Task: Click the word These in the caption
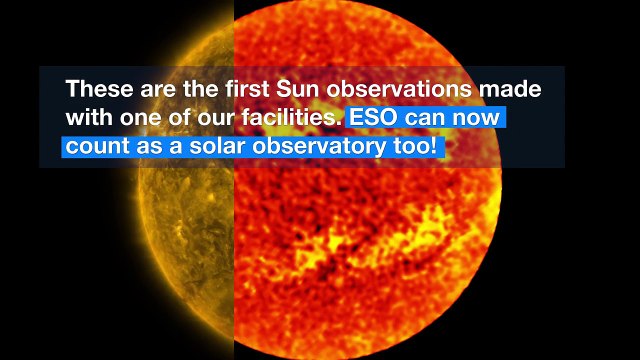(97, 88)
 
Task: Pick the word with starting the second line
(88, 117)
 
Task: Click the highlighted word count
(96, 146)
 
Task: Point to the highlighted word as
(146, 146)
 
